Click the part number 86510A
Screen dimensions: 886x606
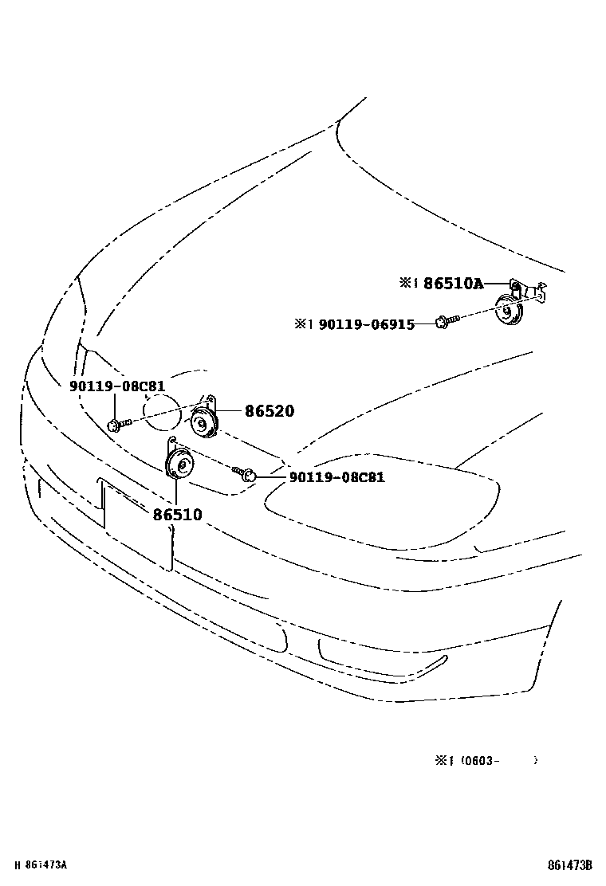pyautogui.click(x=453, y=283)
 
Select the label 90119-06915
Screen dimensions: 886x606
pyautogui.click(x=366, y=324)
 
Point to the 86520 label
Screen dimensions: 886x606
pyautogui.click(x=270, y=411)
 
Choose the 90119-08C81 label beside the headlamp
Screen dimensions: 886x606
pyautogui.click(x=336, y=477)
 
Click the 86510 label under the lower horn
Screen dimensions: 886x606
pyautogui.click(x=177, y=515)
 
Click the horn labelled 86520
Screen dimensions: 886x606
pyautogui.click(x=205, y=421)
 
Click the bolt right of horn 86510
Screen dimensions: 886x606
pyautogui.click(x=246, y=475)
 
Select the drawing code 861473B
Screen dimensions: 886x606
pyautogui.click(x=569, y=865)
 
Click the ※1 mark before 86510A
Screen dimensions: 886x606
pyautogui.click(x=409, y=283)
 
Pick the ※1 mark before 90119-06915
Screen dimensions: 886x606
pyautogui.click(x=304, y=324)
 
